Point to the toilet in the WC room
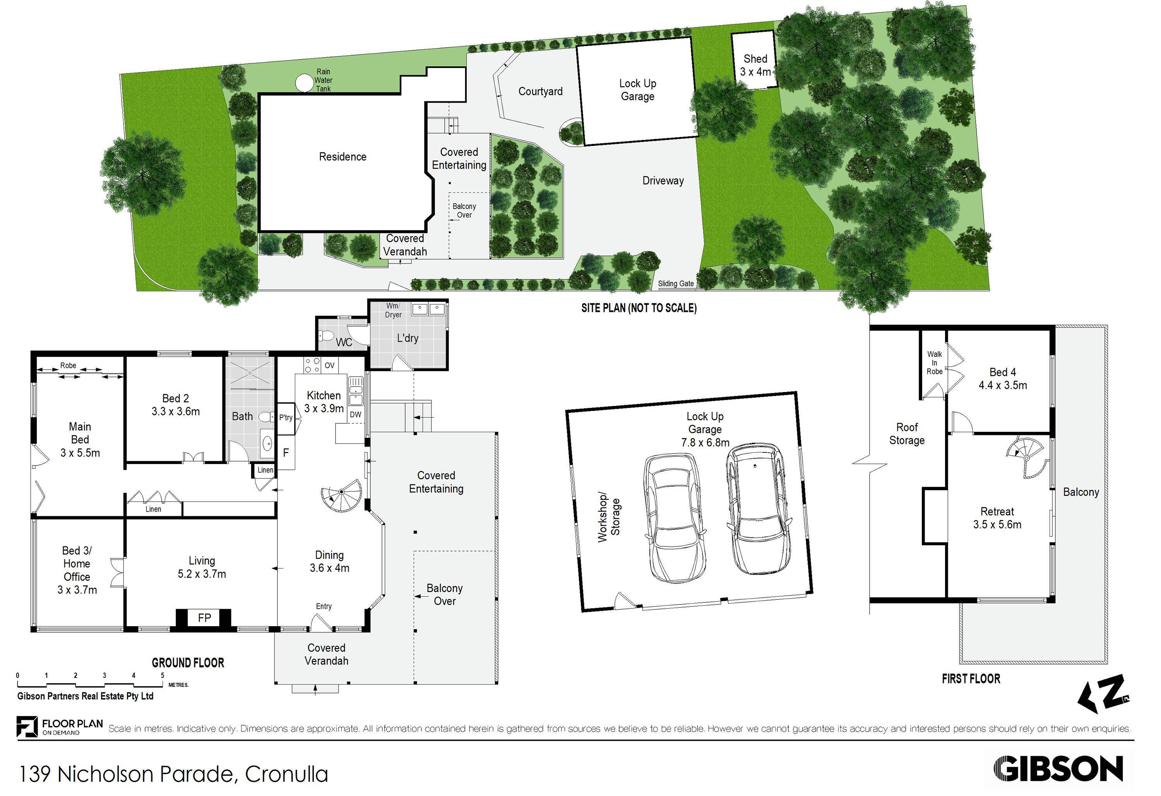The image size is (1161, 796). tap(328, 337)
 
